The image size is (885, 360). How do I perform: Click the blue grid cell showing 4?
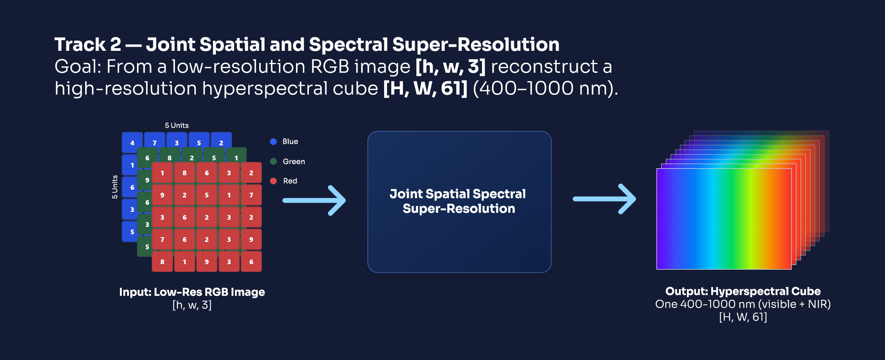pyautogui.click(x=132, y=143)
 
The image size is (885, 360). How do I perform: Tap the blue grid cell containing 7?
pyautogui.click(x=154, y=142)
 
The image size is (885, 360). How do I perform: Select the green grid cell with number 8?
pyautogui.click(x=169, y=158)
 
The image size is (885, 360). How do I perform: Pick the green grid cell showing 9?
pyautogui.click(x=147, y=180)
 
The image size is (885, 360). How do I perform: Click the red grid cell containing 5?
pyautogui.click(x=207, y=195)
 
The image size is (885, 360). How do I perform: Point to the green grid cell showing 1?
pyautogui.click(x=236, y=157)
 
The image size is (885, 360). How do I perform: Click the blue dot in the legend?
pyautogui.click(x=273, y=141)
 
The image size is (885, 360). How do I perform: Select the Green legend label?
pyautogui.click(x=294, y=162)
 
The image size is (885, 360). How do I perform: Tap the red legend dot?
pyautogui.click(x=273, y=181)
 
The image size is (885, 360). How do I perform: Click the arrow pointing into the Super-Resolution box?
pyautogui.click(x=314, y=200)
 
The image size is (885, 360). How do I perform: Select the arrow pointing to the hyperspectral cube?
pyautogui.click(x=604, y=199)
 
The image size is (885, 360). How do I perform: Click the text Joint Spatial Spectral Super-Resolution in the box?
pyautogui.click(x=458, y=201)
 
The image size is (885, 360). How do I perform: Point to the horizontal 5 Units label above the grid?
pyautogui.click(x=176, y=126)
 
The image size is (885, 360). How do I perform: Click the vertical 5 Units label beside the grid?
pyautogui.click(x=115, y=187)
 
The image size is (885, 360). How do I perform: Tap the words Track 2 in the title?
pyautogui.click(x=88, y=44)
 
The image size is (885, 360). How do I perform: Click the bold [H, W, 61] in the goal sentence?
pyautogui.click(x=425, y=88)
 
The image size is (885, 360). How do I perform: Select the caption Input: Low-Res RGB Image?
pyautogui.click(x=192, y=292)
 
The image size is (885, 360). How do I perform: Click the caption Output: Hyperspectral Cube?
pyautogui.click(x=743, y=291)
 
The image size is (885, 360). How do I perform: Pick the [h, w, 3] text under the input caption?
pyautogui.click(x=192, y=305)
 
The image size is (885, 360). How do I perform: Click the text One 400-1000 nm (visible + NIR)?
pyautogui.click(x=743, y=304)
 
